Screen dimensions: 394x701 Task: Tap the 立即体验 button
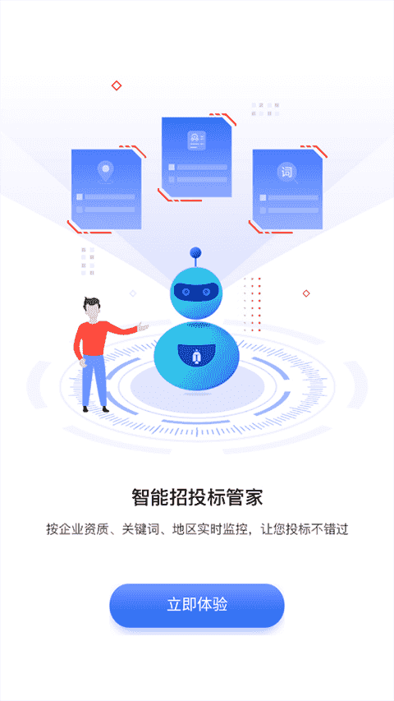[x=197, y=605]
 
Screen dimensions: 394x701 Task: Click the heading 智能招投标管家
[x=197, y=497]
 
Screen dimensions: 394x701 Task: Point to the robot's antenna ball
[x=195, y=252]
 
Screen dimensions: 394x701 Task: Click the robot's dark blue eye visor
[x=196, y=292]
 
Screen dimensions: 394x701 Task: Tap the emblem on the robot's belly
[x=196, y=357]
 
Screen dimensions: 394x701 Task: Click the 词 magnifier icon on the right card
[x=287, y=173]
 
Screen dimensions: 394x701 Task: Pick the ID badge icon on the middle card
[x=196, y=141]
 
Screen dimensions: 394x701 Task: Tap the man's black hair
[x=92, y=303]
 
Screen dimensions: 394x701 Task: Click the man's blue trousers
[x=94, y=380]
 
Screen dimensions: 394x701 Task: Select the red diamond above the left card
[x=117, y=85]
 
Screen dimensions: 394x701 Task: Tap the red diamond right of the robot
[x=306, y=293]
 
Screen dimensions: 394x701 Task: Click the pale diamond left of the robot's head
[x=133, y=293]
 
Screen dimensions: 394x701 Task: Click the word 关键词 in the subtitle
[x=140, y=530]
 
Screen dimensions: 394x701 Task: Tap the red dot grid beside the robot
[x=252, y=304]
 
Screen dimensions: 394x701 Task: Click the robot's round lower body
[x=196, y=355]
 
